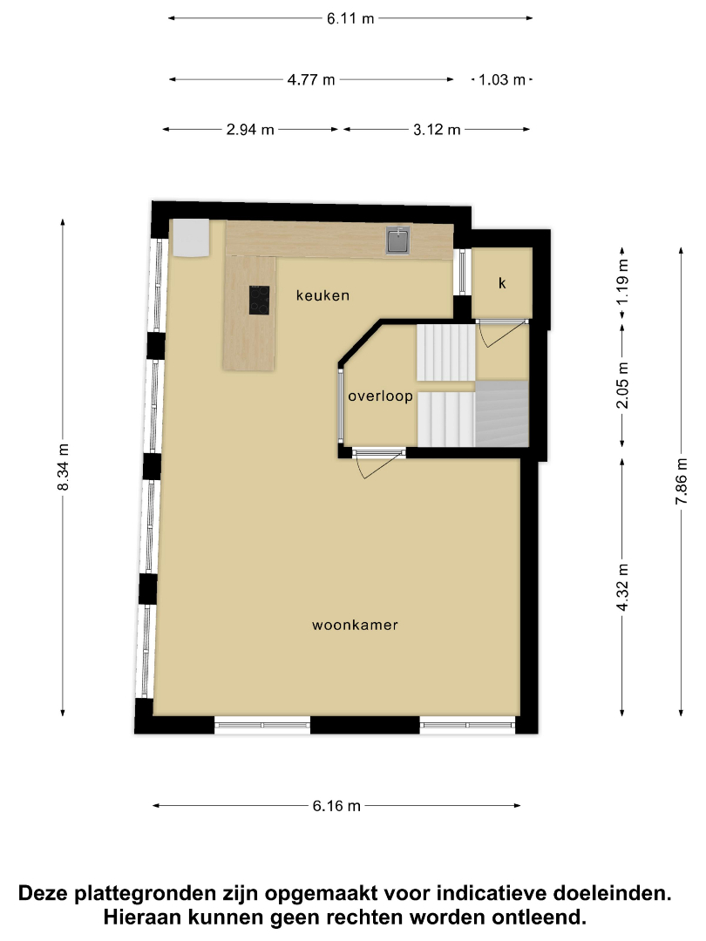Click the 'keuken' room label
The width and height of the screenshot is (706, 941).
coord(322,295)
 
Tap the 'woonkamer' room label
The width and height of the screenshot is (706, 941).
coord(355,625)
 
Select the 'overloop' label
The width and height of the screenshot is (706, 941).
coord(381,396)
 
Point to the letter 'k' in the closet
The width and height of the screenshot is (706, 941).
coord(502,282)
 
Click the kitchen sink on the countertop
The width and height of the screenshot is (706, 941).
coord(397,240)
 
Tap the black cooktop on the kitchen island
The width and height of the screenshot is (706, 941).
coord(260,300)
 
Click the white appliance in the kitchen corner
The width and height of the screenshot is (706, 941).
coord(191,238)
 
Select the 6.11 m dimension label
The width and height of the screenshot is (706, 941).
coord(350,18)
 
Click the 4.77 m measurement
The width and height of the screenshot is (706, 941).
coord(311,80)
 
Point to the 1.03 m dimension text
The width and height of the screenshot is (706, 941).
coord(502,80)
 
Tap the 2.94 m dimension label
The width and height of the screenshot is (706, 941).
coord(250,130)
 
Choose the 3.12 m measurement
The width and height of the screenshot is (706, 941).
coord(437,130)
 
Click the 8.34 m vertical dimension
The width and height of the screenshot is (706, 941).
coord(63,467)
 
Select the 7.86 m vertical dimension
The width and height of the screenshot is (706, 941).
coord(682,481)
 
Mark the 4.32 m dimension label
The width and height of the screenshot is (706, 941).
coord(622,587)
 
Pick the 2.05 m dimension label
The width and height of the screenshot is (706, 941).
coord(622,385)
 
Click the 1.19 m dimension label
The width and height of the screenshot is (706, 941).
coord(622,281)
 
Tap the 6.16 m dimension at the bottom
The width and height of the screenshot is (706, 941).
coord(336,806)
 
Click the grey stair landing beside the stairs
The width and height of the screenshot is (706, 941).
coord(502,414)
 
